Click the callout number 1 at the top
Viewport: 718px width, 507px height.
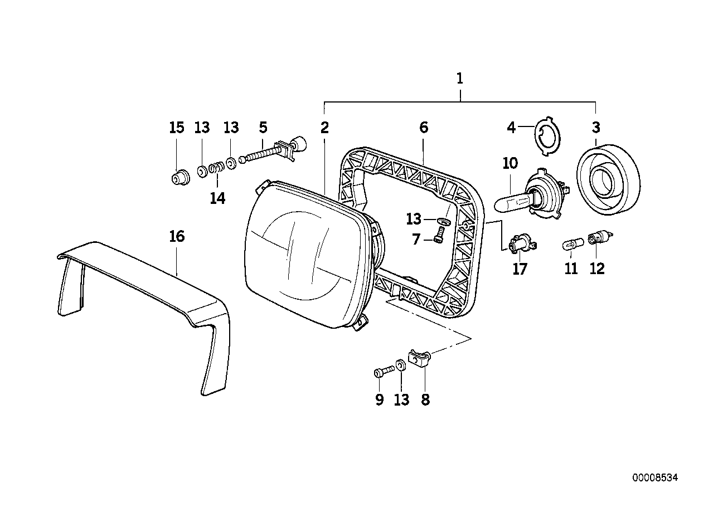[x=460, y=79]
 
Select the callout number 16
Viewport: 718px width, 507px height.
[x=176, y=237]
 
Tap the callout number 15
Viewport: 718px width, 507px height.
[x=176, y=128]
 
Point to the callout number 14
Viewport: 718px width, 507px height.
[x=217, y=198]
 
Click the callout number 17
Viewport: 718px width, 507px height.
[x=520, y=269]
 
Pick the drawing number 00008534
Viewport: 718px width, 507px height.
[x=655, y=477]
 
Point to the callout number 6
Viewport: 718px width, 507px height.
[x=424, y=128]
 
